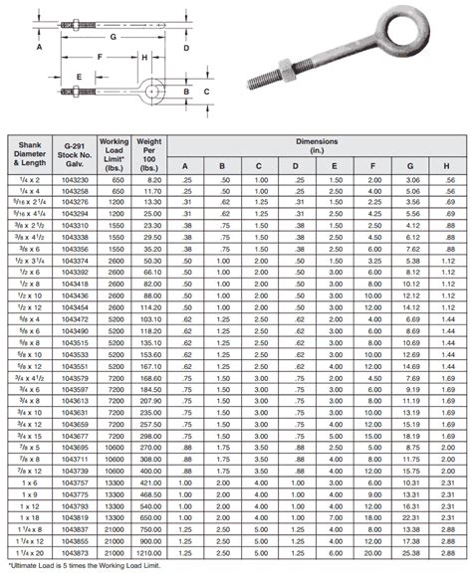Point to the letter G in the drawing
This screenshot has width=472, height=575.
click(x=115, y=35)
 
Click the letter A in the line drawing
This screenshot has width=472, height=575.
click(x=38, y=47)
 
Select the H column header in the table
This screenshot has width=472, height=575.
click(x=448, y=165)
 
